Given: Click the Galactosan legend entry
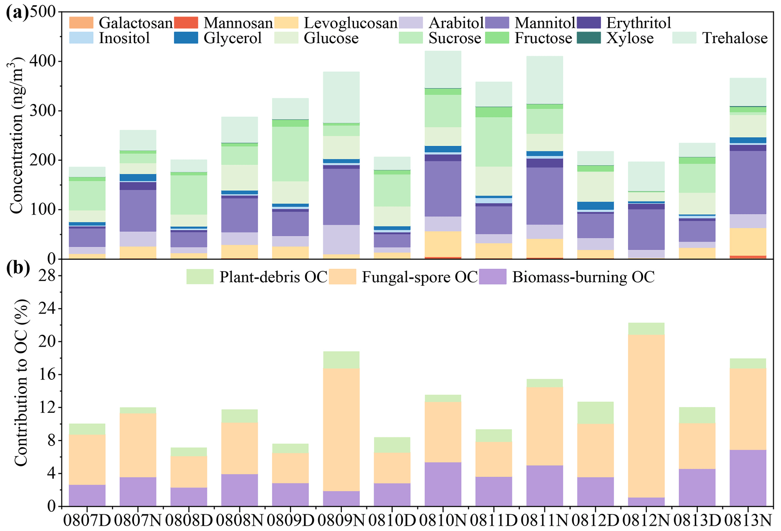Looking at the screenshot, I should point(121,23).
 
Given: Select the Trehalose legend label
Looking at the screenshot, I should point(735,38).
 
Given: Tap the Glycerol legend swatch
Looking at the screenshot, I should point(186,38).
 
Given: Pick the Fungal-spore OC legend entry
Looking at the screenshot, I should point(403,277).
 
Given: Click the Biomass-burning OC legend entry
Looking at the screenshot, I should point(566,277).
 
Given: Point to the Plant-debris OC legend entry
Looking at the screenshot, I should point(257,277).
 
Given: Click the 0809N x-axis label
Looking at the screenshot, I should point(341,521).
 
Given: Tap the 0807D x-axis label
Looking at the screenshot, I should point(87,521).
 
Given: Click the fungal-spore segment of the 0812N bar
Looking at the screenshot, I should point(646,416).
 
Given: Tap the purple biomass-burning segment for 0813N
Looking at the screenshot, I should point(748,478).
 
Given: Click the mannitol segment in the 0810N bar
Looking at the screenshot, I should point(443,189).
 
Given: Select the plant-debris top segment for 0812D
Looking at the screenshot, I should point(595,412).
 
